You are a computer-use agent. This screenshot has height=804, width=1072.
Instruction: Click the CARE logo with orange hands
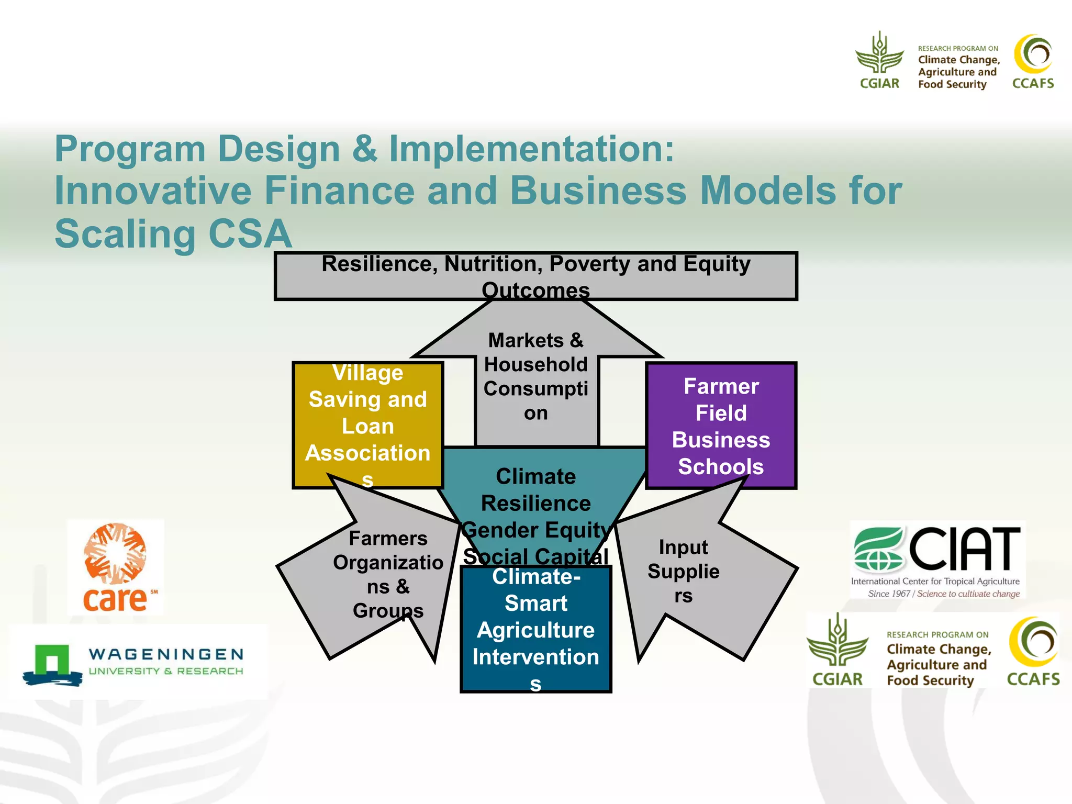click(115, 567)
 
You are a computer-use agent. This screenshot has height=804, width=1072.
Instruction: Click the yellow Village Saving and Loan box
click(367, 425)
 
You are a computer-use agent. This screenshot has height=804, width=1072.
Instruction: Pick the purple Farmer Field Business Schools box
click(721, 426)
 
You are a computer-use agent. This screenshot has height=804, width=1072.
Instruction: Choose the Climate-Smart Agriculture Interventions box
click(535, 630)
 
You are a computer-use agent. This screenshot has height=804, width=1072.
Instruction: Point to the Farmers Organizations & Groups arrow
click(387, 574)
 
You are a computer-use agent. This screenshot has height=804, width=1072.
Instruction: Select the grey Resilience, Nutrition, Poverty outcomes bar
click(535, 276)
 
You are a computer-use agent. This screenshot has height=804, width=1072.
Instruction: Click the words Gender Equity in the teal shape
click(535, 530)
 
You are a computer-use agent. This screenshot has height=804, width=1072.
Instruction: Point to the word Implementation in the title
click(531, 149)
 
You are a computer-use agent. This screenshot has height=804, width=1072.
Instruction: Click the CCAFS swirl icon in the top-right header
click(1033, 54)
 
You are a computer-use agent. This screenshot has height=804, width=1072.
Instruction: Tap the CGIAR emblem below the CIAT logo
click(837, 641)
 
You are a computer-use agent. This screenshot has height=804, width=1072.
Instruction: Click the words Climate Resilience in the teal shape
click(535, 490)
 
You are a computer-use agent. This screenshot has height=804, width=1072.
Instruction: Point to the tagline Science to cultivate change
click(968, 594)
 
